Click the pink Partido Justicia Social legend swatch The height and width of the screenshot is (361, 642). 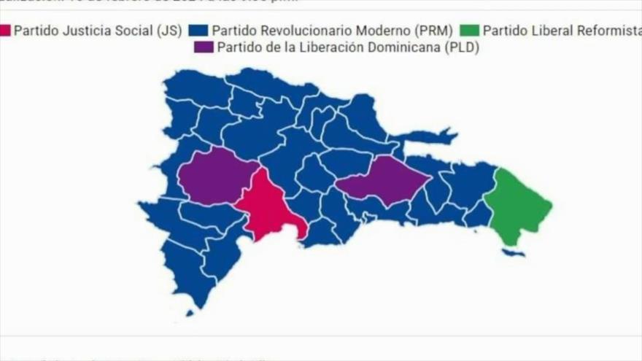5,31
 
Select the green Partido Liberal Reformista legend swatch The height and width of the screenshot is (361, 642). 470,31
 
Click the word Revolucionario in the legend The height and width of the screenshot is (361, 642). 297,31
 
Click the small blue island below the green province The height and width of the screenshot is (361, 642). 514,252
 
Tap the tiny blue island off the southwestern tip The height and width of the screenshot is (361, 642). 190,313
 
